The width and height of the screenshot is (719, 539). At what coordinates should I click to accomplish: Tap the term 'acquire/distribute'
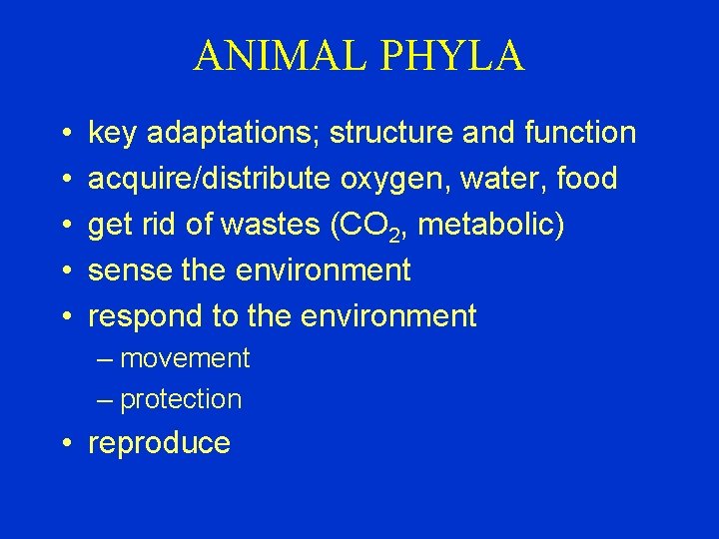point(210,179)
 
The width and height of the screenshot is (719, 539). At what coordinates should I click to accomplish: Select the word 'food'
point(587,179)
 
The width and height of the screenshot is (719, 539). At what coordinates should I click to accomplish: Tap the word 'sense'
point(124,270)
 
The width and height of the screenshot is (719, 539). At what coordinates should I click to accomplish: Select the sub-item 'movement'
point(185,358)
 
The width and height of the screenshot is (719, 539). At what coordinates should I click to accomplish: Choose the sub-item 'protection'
point(181,400)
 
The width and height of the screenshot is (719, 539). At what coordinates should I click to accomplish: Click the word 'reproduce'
point(160,444)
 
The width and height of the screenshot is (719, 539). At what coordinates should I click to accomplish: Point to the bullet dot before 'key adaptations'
point(63,134)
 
